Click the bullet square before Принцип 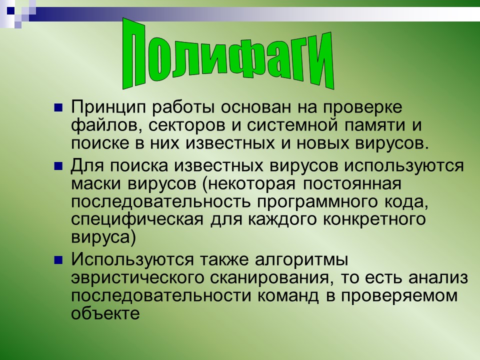click(x=58, y=107)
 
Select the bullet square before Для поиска click(x=58, y=164)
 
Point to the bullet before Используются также click(x=58, y=260)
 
